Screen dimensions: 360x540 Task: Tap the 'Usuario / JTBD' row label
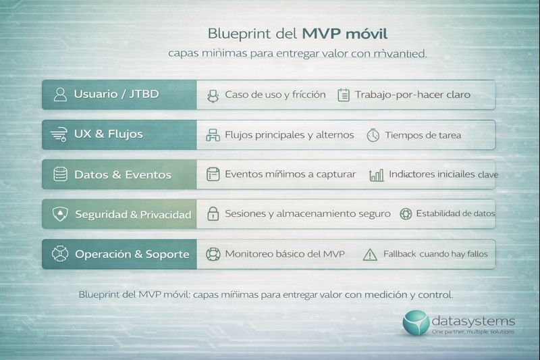pyautogui.click(x=117, y=94)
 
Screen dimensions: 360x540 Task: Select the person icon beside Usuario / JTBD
pyautogui.click(x=60, y=95)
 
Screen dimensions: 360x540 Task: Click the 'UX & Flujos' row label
pyautogui.click(x=109, y=134)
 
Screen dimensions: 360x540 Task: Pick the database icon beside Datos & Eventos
pyautogui.click(x=60, y=174)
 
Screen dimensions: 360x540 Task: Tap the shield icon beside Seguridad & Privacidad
pyautogui.click(x=60, y=214)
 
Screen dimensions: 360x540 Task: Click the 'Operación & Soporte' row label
pyautogui.click(x=132, y=255)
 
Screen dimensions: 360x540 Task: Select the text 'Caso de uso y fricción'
pyautogui.click(x=275, y=95)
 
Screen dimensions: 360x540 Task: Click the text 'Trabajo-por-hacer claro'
pyautogui.click(x=412, y=95)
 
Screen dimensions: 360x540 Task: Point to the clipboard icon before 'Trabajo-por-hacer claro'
pyautogui.click(x=344, y=95)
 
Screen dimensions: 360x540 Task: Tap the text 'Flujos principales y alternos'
pyautogui.click(x=289, y=134)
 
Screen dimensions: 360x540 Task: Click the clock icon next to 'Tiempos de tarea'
pyautogui.click(x=373, y=135)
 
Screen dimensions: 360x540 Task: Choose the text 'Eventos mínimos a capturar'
pyautogui.click(x=290, y=174)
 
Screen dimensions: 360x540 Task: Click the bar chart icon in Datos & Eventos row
pyautogui.click(x=377, y=175)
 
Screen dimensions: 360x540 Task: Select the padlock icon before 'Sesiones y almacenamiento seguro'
pyautogui.click(x=213, y=214)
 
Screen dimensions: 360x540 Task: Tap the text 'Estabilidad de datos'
pyautogui.click(x=455, y=213)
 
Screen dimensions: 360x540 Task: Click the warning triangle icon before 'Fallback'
pyautogui.click(x=370, y=255)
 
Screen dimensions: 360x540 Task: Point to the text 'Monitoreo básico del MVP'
pyautogui.click(x=284, y=254)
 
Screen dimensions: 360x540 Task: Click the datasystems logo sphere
pyautogui.click(x=416, y=323)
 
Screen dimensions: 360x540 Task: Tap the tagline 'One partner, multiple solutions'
pyautogui.click(x=473, y=332)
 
